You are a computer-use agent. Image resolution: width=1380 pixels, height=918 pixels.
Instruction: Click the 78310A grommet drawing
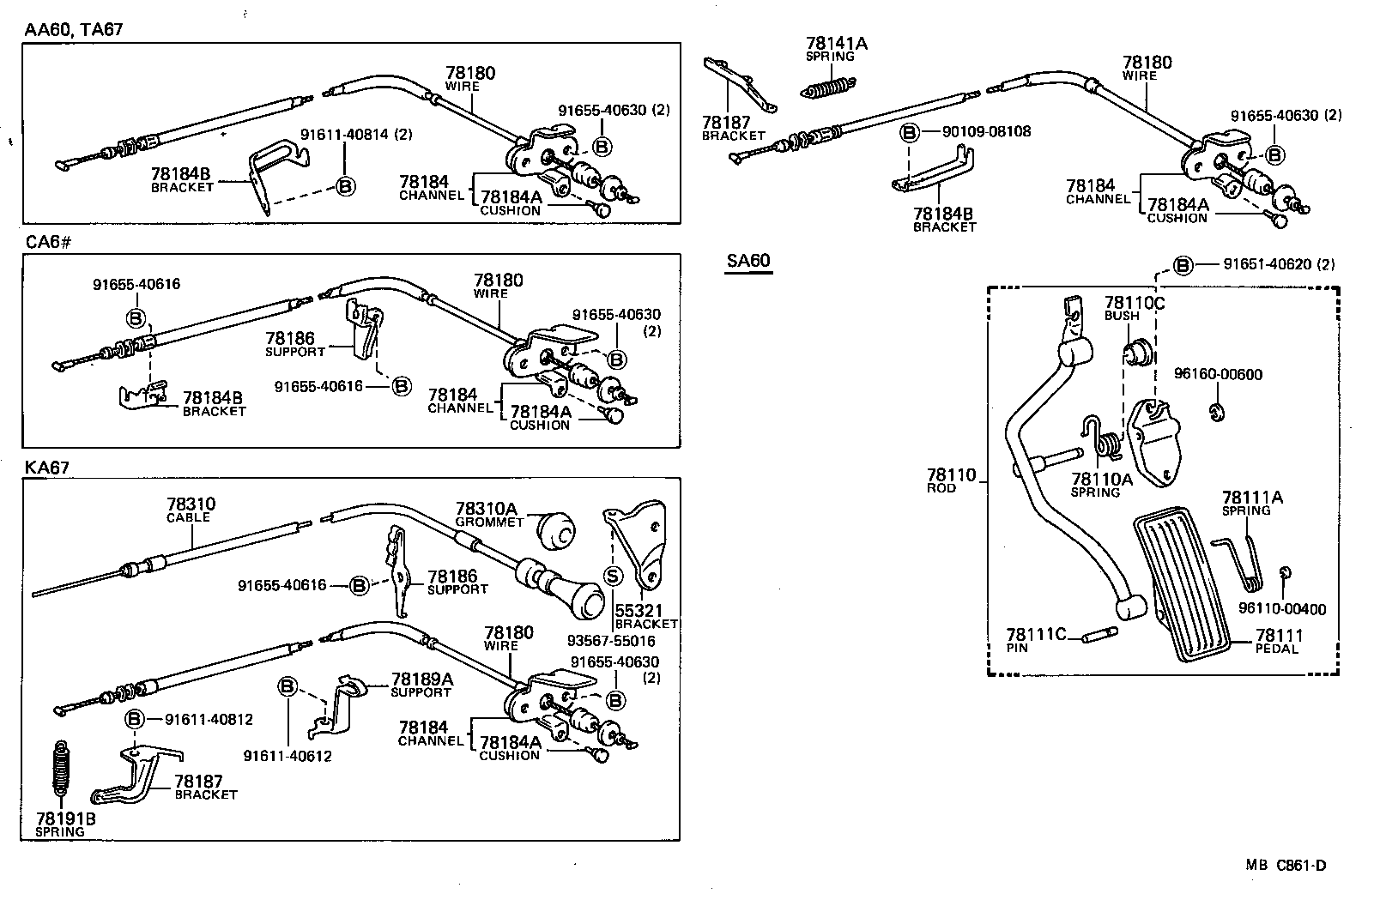(559, 532)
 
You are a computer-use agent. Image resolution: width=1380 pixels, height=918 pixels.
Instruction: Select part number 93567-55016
(611, 641)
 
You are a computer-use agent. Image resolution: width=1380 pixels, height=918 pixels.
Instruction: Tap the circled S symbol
(613, 577)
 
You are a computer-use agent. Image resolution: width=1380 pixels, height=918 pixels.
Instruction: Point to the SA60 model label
(747, 261)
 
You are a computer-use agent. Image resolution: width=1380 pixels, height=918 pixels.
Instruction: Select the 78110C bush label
(1134, 308)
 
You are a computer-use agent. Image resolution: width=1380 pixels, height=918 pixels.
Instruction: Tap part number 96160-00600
(1218, 374)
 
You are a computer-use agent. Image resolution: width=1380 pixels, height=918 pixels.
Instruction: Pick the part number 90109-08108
(986, 131)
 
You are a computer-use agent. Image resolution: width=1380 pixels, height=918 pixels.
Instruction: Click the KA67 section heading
(47, 468)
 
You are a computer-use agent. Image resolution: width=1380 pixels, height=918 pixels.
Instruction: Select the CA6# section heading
(48, 242)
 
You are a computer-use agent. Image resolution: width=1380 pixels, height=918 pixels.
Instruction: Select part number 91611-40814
(355, 135)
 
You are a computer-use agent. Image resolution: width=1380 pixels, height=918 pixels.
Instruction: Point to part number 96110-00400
(1282, 609)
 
